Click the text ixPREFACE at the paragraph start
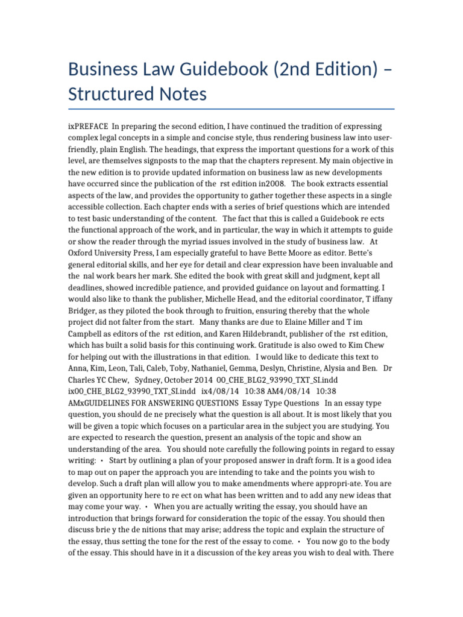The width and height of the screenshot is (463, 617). click(88, 126)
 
